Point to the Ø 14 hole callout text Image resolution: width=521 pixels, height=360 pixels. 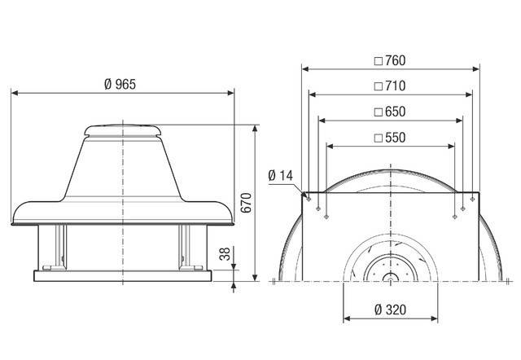click(x=281, y=175)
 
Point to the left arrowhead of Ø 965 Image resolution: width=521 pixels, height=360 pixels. click(x=14, y=93)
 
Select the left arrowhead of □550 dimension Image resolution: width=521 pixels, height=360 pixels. click(x=329, y=146)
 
